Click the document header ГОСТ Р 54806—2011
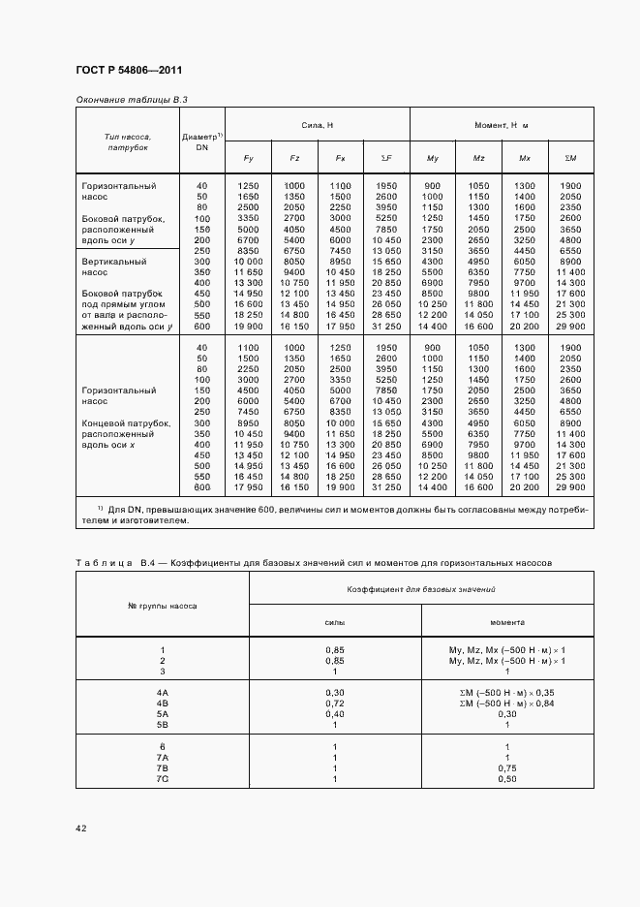(x=128, y=71)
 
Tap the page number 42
(x=80, y=828)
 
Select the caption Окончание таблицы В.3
(x=131, y=100)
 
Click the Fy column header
(x=248, y=159)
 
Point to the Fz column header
(x=293, y=159)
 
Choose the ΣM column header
(x=570, y=159)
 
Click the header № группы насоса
(x=163, y=606)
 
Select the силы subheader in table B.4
(x=334, y=623)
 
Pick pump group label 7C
(x=163, y=779)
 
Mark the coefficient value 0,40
(x=334, y=714)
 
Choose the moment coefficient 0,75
(x=507, y=767)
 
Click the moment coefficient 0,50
(x=507, y=779)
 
